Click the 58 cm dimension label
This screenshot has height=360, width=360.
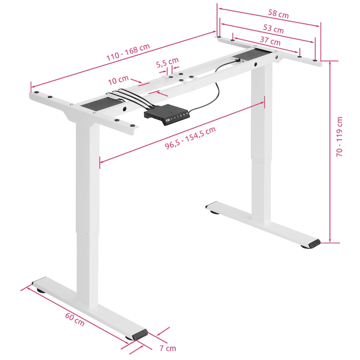pos(278,14)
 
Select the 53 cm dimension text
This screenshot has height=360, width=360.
pos(273,28)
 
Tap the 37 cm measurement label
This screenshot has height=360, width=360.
pos(270,40)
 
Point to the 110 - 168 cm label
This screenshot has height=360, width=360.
pos(128,52)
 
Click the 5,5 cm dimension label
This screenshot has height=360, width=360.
pos(167,63)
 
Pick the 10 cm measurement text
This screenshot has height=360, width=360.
pos(118,80)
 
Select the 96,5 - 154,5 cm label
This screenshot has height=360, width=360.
pos(190,138)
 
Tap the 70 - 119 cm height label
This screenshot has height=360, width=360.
pos(339,137)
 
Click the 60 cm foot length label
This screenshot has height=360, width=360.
pos(75,319)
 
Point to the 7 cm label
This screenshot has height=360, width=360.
pos(168,348)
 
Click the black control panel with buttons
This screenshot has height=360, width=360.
pos(167,115)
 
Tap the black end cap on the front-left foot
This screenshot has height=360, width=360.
pos(140,335)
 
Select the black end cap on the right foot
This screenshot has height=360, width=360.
pos(314,243)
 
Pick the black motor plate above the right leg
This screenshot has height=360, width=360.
pos(251,55)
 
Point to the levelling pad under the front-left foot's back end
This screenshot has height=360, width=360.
pos(41,291)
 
